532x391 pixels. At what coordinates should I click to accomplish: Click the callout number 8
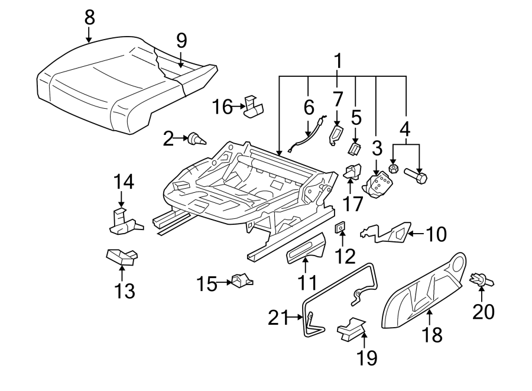tap(89, 18)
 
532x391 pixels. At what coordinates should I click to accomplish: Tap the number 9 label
tap(181, 40)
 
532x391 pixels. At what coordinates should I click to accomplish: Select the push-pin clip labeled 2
tap(196, 140)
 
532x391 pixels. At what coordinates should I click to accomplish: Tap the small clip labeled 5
tap(355, 147)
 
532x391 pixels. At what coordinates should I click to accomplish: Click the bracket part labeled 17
tap(353, 173)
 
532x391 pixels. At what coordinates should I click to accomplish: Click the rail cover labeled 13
tap(121, 257)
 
